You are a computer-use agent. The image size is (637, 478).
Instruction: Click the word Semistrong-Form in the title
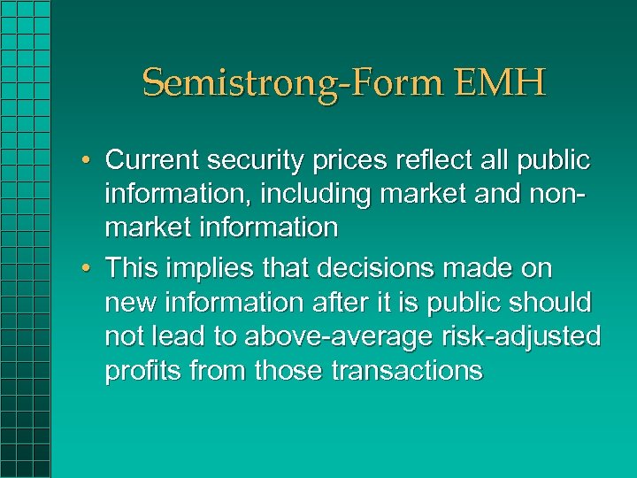coord(291,83)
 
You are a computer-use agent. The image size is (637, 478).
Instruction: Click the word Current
coord(156,160)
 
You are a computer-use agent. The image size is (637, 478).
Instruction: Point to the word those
coord(289,370)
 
